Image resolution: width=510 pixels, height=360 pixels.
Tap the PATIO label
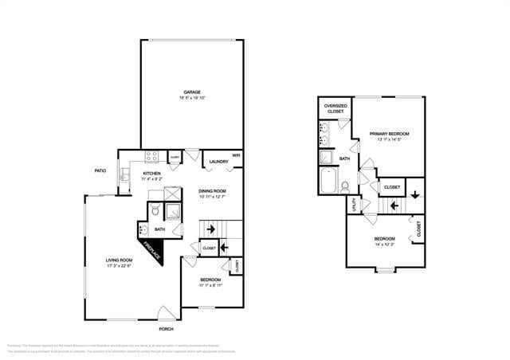(100, 170)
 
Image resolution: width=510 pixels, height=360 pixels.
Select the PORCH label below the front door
(166, 329)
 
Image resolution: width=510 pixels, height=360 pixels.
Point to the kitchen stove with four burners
(151, 156)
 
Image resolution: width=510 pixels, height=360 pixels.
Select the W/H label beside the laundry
(236, 155)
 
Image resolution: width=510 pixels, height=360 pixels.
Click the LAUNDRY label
(218, 162)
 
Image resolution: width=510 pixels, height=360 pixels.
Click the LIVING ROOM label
(123, 260)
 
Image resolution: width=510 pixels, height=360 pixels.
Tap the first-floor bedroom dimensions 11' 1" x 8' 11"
(210, 286)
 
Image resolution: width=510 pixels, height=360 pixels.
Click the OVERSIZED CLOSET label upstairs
(335, 108)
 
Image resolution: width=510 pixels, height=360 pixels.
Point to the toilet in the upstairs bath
(345, 187)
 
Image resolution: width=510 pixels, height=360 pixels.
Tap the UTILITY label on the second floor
(351, 205)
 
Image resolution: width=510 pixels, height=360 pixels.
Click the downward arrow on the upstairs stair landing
(415, 195)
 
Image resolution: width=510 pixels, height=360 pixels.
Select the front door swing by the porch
(165, 313)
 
